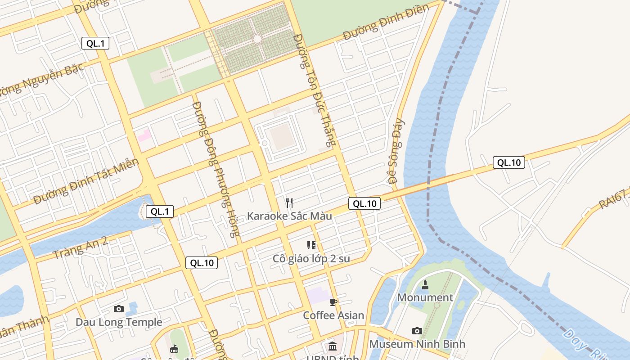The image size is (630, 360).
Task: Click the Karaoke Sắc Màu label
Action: point(289,216)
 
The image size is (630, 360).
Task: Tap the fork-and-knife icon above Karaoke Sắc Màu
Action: point(289,203)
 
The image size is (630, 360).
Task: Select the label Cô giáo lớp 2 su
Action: point(311,259)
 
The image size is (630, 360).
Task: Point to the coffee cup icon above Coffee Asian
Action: point(333,302)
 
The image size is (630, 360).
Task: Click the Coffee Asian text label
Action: point(333,315)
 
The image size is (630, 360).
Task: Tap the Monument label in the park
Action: point(425,297)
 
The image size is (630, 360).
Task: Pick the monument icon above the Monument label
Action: point(425,285)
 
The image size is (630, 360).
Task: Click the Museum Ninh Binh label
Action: point(417,344)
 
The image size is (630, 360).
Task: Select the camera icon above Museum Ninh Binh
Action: point(417,331)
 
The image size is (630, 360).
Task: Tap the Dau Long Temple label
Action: point(119,322)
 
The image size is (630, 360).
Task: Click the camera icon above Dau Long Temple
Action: point(119,309)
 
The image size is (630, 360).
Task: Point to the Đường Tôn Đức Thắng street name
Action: point(315,90)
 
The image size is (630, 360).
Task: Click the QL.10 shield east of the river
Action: point(509,162)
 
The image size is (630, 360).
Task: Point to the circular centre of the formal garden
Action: point(257,39)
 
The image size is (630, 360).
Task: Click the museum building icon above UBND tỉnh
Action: point(333,346)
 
